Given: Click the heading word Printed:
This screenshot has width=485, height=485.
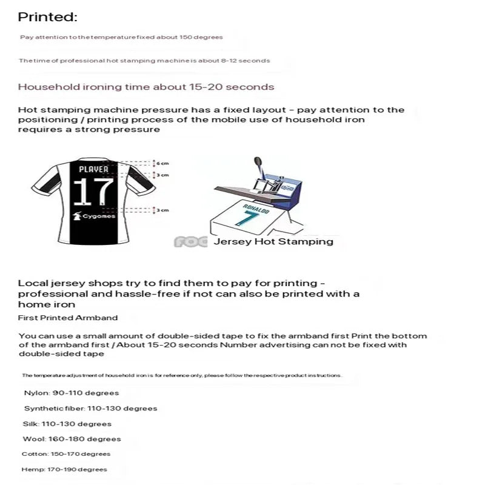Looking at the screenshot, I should [47, 17].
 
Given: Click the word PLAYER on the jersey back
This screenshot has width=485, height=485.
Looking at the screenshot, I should [93, 169].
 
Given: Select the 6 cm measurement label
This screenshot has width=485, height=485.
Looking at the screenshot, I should [162, 164].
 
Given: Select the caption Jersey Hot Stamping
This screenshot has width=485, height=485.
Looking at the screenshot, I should [273, 241].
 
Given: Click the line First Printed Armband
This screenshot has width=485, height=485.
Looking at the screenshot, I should [68, 318].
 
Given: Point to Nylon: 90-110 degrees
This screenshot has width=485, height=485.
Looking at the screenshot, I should [72, 393].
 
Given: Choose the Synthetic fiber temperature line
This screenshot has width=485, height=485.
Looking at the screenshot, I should [90, 408].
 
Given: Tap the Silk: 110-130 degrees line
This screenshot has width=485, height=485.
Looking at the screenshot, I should [67, 424].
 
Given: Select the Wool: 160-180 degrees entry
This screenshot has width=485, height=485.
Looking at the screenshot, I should [72, 439].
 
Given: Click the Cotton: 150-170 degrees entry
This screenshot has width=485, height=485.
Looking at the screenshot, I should [65, 454].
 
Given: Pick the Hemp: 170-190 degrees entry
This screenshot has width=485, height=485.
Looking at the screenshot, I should [64, 469].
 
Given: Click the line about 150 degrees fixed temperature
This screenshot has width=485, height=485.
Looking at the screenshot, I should [121, 37].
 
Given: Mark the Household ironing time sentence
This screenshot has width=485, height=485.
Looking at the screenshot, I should [145, 87].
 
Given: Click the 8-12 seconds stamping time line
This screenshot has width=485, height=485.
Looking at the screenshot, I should [144, 61].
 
